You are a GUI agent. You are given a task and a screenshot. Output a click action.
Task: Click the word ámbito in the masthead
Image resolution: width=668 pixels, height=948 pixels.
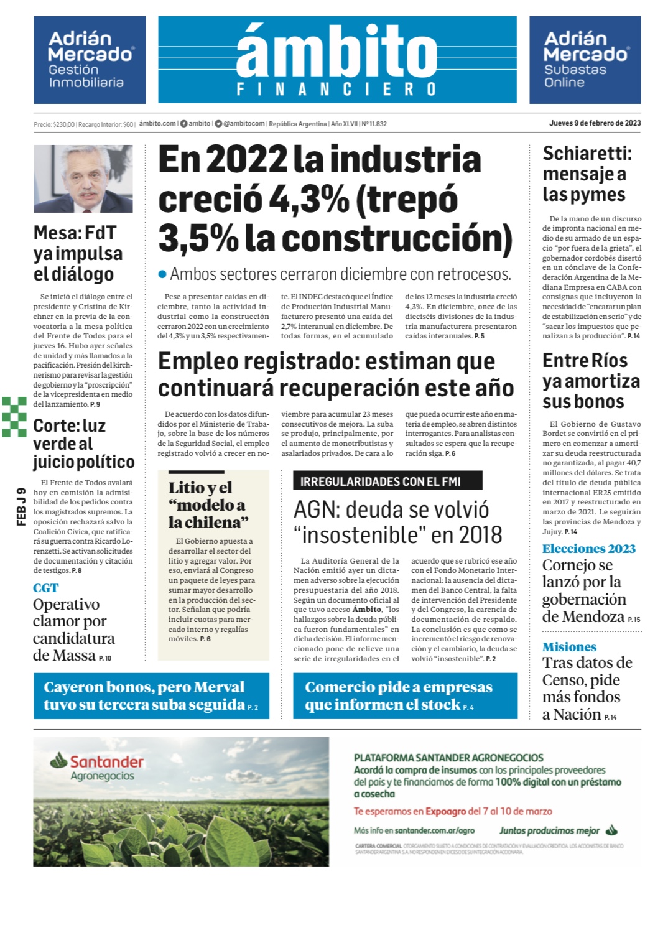coord(336,52)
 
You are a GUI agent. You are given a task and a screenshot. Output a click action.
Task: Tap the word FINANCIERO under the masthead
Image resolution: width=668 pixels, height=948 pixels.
coord(336,90)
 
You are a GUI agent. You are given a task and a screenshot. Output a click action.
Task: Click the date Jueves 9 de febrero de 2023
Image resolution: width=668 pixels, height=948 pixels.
coord(595,123)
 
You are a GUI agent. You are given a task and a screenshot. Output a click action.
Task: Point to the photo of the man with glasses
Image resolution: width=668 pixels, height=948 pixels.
coord(83,179)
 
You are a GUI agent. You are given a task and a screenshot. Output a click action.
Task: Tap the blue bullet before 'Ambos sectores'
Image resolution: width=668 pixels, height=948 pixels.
coord(163,274)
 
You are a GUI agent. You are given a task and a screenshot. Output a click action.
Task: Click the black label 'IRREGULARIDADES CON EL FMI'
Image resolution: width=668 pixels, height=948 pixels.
coord(387,481)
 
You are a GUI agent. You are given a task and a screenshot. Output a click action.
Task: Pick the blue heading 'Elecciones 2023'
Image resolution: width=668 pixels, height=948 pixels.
coord(588,549)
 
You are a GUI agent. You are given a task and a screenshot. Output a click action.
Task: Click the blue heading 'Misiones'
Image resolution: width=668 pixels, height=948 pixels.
coord(569,647)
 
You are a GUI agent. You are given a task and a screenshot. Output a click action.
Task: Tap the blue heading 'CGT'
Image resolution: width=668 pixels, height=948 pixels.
coord(45,588)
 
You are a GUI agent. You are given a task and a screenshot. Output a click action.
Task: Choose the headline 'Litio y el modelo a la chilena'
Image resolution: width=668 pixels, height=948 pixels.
coord(208,504)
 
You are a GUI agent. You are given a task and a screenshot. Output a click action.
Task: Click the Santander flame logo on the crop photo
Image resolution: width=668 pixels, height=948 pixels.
coord(59,760)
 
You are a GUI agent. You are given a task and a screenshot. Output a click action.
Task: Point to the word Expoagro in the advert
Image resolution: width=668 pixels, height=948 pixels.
coord(445,811)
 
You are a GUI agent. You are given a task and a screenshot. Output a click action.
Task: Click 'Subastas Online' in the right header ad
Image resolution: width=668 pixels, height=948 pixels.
coord(575,76)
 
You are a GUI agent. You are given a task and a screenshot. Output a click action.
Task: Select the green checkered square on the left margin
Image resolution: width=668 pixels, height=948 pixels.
coord(14,416)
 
